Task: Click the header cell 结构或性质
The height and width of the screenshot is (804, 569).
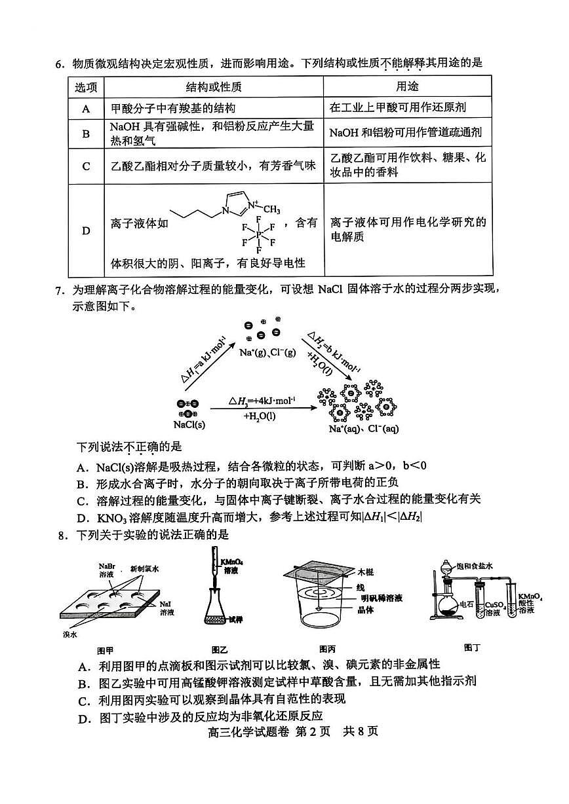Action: [214, 87]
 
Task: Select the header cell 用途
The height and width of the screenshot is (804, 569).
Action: [407, 87]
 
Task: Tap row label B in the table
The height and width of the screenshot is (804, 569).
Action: [86, 133]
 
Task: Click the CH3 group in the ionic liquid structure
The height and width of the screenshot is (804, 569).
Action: [271, 210]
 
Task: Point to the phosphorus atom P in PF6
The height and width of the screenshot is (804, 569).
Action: [259, 234]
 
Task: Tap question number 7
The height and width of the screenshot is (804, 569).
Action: [59, 290]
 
